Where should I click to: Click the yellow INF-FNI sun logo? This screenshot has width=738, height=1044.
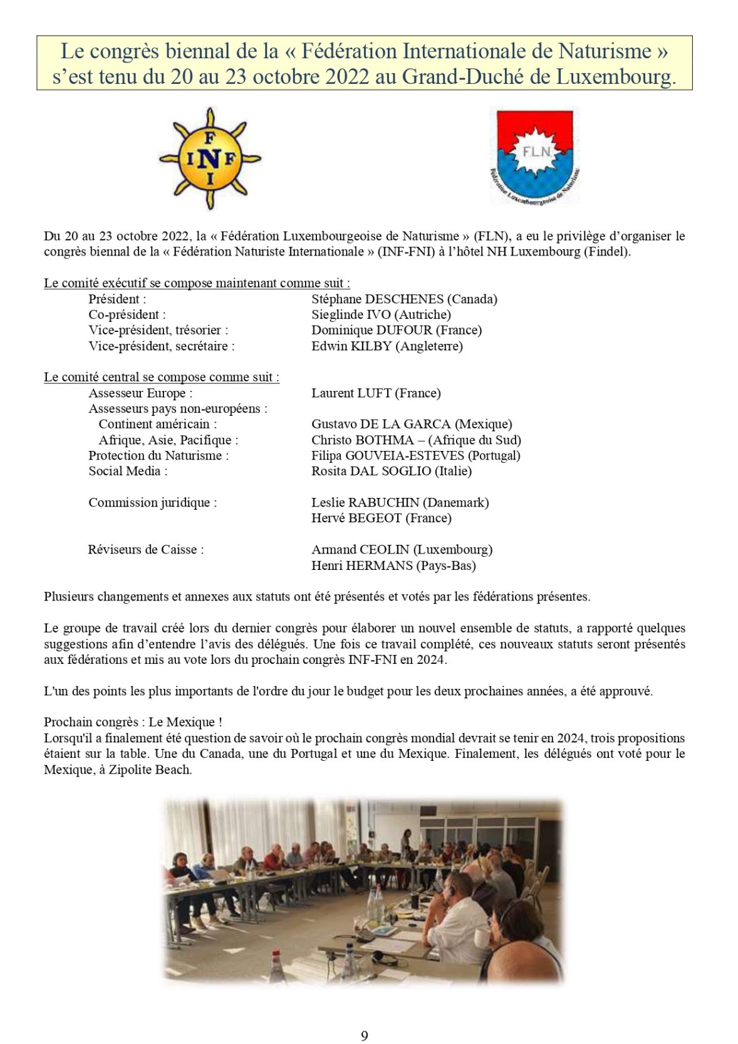[x=209, y=159]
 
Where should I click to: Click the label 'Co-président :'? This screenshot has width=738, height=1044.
[x=127, y=315]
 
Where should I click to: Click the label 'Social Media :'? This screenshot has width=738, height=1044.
[x=128, y=472]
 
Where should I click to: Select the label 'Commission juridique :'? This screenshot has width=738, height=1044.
[x=153, y=503]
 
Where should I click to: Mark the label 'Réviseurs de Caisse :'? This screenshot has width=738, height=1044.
[x=145, y=550]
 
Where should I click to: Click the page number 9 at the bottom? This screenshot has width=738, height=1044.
[x=365, y=1036]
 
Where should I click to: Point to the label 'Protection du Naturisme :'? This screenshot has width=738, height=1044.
[x=159, y=456]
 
